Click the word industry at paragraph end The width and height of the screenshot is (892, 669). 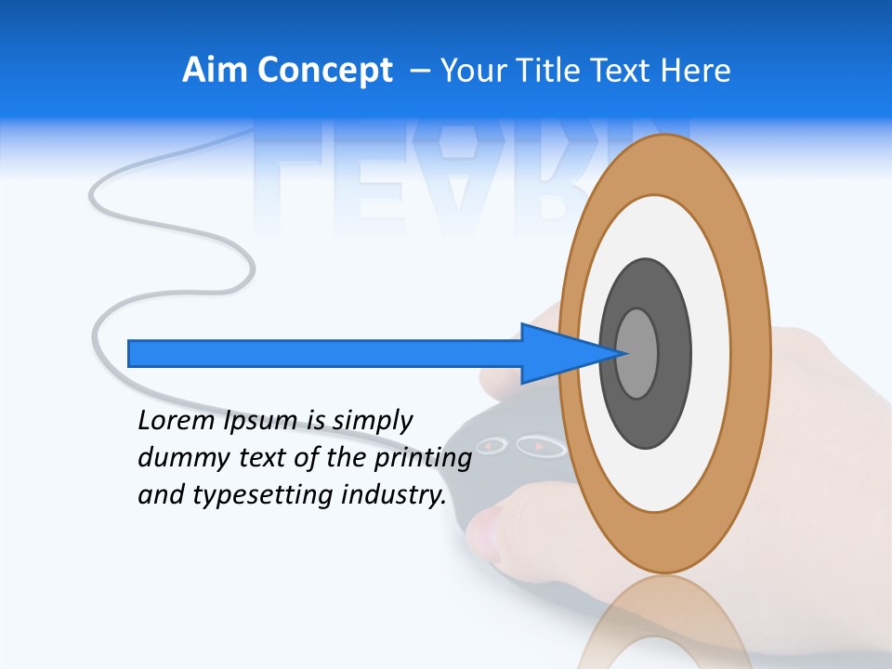click(x=394, y=495)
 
